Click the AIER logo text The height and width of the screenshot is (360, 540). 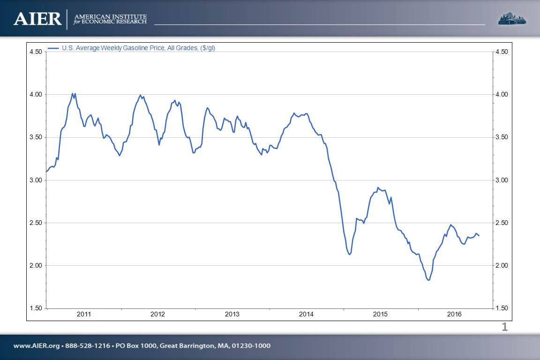tap(37, 19)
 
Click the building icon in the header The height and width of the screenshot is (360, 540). tap(511, 19)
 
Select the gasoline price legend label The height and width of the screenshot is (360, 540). tap(138, 48)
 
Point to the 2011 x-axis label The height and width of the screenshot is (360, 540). tap(84, 314)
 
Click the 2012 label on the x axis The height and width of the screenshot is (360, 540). tap(158, 314)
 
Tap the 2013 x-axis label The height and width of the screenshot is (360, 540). tap(232, 314)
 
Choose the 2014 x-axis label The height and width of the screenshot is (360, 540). tap(306, 314)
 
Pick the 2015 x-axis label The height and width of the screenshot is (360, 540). tap(380, 314)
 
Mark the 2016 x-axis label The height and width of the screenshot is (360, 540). tap(454, 314)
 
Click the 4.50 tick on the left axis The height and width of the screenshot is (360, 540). tap(36, 52)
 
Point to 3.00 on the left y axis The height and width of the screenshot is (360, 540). tap(36, 180)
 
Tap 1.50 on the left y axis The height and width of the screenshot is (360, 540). tap(36, 308)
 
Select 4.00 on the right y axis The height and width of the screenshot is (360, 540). tap(502, 94)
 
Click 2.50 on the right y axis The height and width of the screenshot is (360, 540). tap(502, 223)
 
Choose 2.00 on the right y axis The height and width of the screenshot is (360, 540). tap(502, 265)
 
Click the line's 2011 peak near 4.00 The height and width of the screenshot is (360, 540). tap(72, 93)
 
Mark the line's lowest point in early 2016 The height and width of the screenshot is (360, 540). tap(428, 280)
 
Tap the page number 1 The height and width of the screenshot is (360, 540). tap(505, 327)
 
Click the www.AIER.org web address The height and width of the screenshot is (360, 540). tap(37, 346)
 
